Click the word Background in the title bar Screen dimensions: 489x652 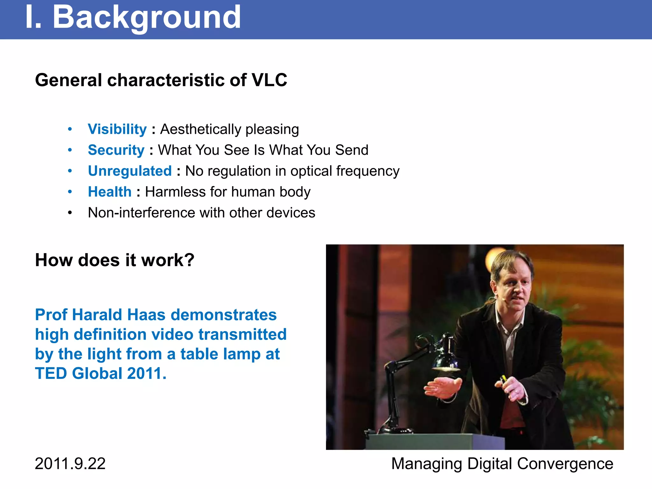[146, 18]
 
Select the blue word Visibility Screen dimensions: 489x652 [117, 129]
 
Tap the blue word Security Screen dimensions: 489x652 [116, 150]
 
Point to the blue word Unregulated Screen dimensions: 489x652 [130, 171]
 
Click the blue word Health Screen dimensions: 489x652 [110, 192]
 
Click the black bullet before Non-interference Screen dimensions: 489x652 [70, 213]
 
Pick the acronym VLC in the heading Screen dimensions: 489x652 [269, 80]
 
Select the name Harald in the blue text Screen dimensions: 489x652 [97, 315]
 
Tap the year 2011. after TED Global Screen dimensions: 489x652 [146, 373]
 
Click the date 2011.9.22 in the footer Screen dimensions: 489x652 [70, 464]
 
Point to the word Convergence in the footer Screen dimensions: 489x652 [565, 464]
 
